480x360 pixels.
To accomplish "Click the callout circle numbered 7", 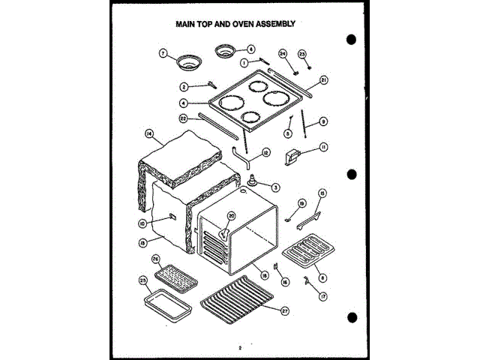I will tap(162, 52).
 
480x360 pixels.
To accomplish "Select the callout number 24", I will tap(283, 53).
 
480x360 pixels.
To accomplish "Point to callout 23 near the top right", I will tap(302, 54).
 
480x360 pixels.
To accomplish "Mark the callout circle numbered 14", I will tap(149, 133).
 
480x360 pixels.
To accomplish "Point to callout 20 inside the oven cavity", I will tap(231, 216).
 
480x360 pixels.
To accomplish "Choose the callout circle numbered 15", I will tap(323, 193).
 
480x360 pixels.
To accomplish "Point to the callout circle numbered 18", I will tap(264, 274).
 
